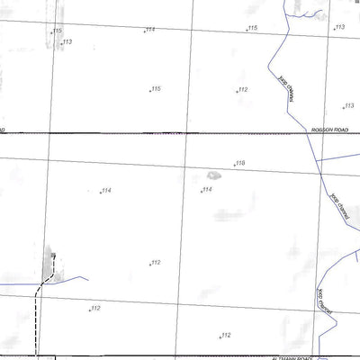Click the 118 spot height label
pos(239,163)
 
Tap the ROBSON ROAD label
pos(328,130)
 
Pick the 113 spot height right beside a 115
pos(67,42)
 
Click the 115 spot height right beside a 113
pos(57,31)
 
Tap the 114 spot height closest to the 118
pos(206,189)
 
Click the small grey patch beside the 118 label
pos(212,175)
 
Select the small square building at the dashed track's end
pos(53,255)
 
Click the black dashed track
pos(37,315)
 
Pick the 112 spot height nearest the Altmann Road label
pos(226,335)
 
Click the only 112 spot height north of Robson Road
pos(242,90)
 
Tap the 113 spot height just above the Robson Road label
pos(348,106)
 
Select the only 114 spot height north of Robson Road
pos(149,29)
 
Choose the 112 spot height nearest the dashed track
pos(95,309)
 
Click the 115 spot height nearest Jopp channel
pos(253,29)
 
